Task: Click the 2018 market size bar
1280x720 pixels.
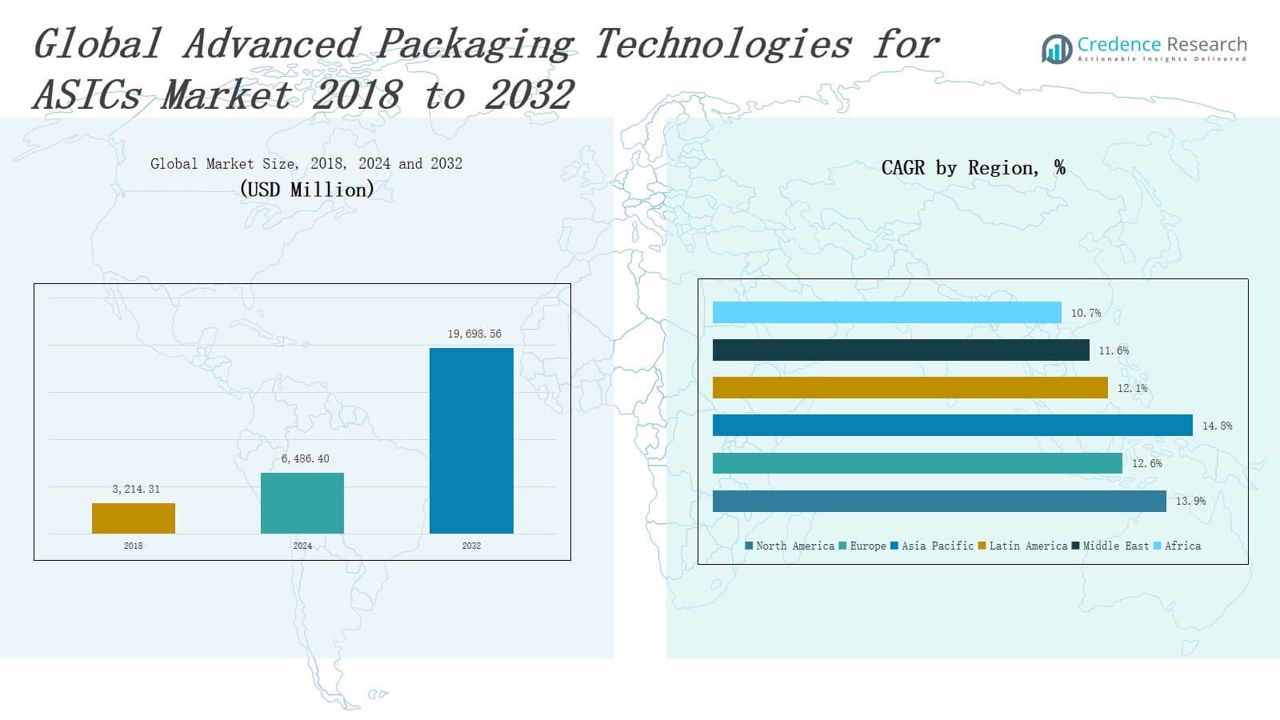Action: coord(134,518)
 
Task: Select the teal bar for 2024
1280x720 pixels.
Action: coord(302,503)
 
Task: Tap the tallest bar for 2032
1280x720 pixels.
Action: coord(471,441)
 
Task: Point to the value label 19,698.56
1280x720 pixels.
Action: coord(474,334)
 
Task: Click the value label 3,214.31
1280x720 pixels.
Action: coord(136,489)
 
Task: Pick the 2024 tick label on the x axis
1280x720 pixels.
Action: coord(302,546)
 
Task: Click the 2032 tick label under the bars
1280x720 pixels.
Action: coord(471,546)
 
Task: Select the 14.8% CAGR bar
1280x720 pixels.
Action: coord(952,426)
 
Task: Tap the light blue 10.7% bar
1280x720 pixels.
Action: coord(886,313)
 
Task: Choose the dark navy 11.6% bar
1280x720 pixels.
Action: coord(901,350)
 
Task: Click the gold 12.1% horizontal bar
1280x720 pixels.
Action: coord(910,388)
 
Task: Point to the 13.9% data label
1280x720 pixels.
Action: coord(1190,501)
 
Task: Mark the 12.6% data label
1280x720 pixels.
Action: coord(1147,463)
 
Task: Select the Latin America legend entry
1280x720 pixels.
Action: coord(1023,546)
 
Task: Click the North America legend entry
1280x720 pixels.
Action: coord(790,546)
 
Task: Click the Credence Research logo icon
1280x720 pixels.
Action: coord(1057,49)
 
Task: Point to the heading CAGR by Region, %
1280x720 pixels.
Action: coord(973,168)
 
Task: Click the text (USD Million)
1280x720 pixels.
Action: coord(306,190)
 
